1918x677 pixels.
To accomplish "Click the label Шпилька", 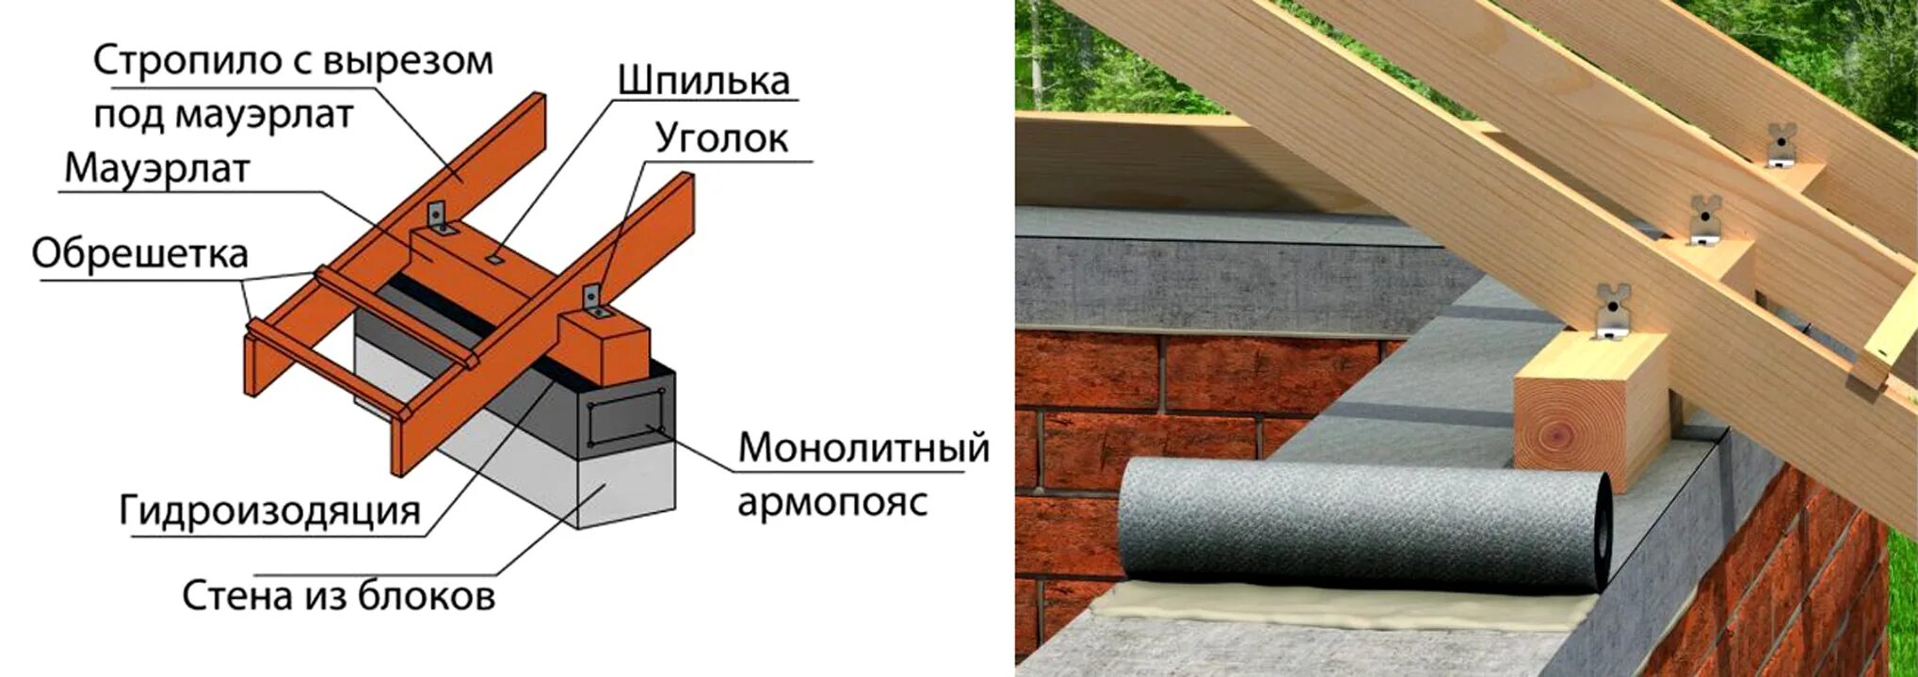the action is tap(703, 81).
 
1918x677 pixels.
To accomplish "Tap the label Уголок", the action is tap(721, 138).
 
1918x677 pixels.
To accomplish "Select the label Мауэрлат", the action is tap(157, 169).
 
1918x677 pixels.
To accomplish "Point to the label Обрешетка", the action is tap(139, 253).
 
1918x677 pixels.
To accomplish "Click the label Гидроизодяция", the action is tap(269, 510).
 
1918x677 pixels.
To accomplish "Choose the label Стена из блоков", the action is tap(338, 596).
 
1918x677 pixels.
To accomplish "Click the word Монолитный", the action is tap(863, 447).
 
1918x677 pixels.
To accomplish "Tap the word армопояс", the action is tap(832, 501).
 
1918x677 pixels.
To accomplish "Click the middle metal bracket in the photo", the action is tap(1704, 222).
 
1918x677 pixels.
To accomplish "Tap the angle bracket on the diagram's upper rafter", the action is tap(439, 218).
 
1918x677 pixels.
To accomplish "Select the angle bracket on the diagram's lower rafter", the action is tap(592, 301).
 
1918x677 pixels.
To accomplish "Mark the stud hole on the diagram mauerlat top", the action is tap(495, 256).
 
